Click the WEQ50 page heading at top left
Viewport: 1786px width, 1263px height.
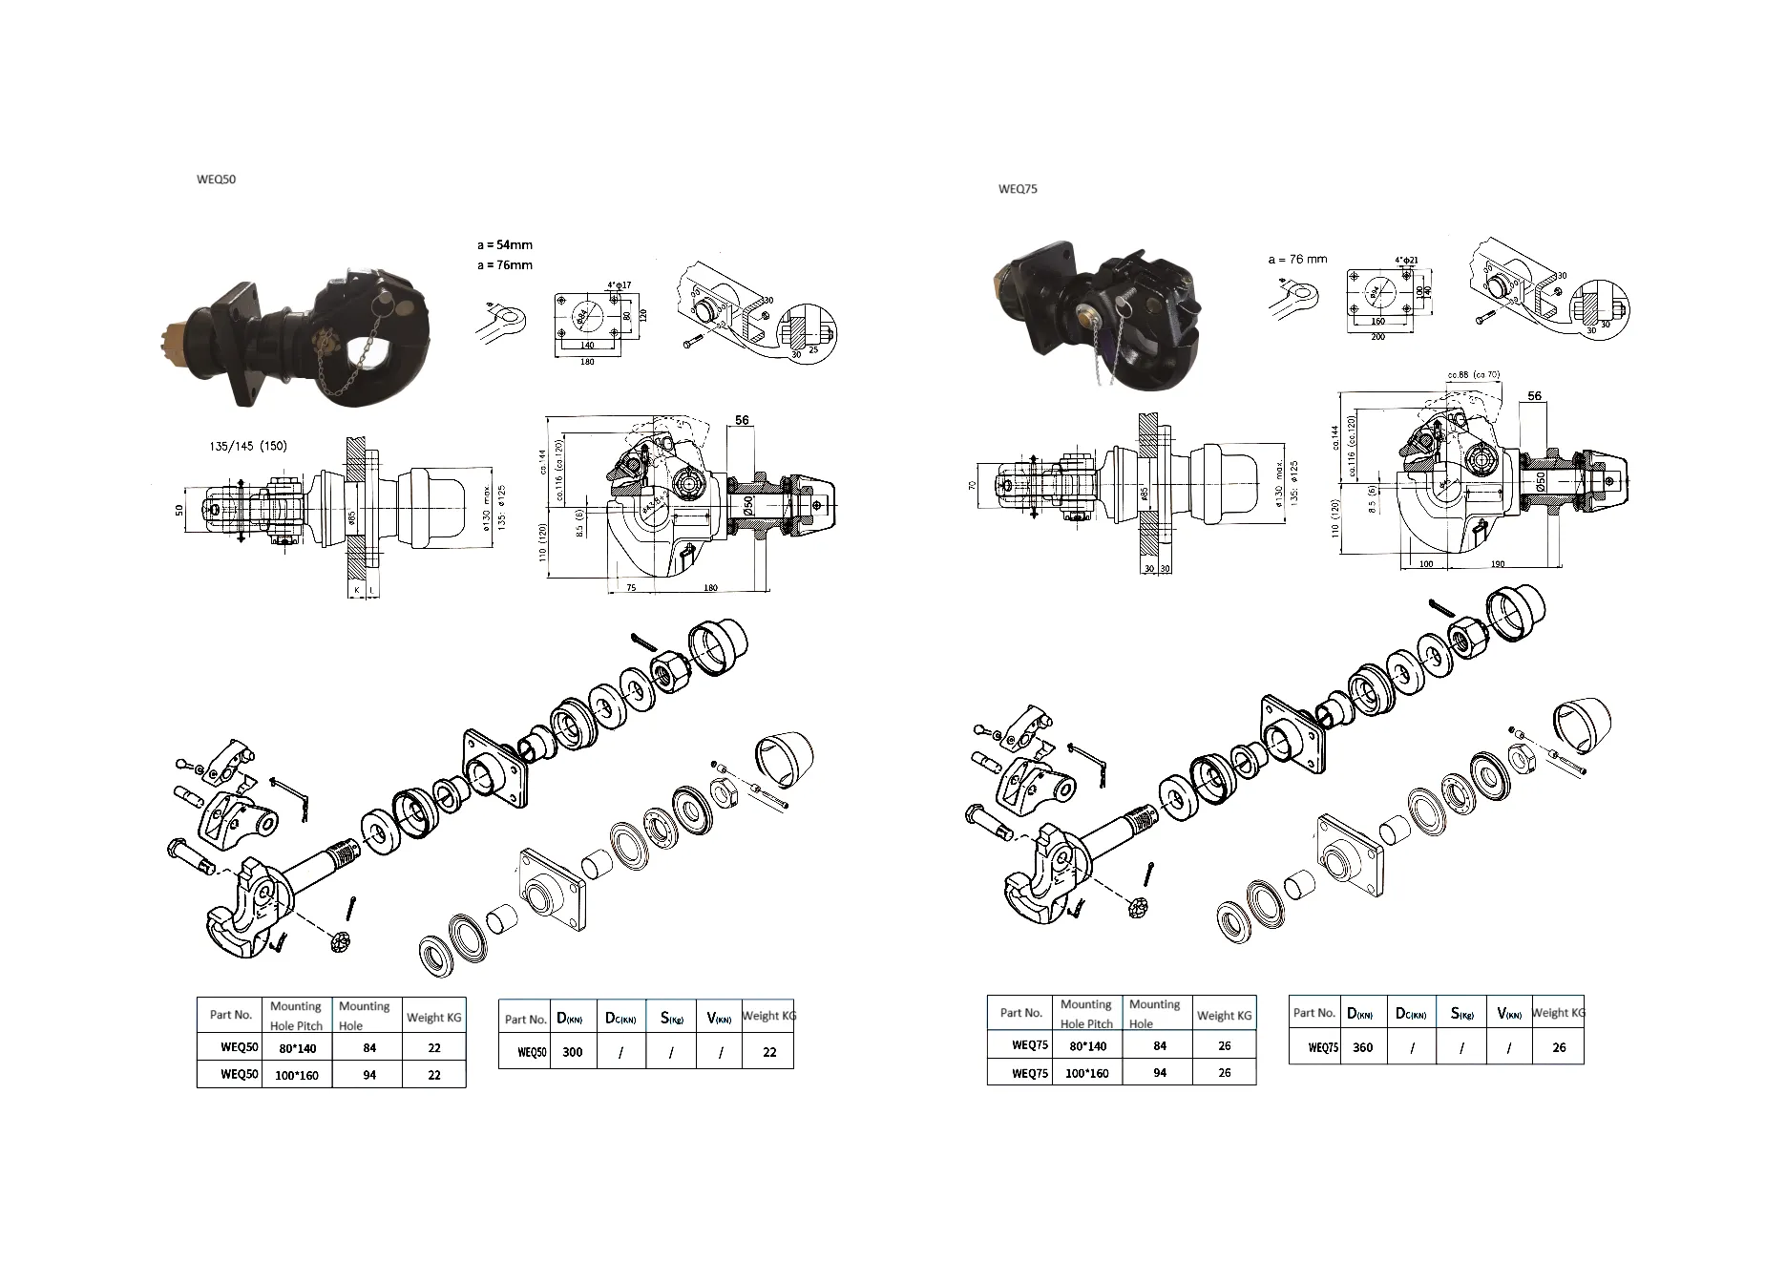[x=216, y=179]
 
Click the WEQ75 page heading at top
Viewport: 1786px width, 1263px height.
[x=1018, y=189]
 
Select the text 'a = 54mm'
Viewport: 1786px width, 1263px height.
[x=505, y=245]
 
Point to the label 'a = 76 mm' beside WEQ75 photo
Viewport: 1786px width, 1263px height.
[x=1297, y=259]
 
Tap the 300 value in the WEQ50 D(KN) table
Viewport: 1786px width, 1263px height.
[x=573, y=1052]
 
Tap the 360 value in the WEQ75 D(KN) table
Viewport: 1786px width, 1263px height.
[x=1363, y=1047]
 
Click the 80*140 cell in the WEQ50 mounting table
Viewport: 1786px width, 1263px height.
[x=297, y=1048]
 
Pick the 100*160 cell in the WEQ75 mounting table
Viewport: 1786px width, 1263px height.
[x=1087, y=1073]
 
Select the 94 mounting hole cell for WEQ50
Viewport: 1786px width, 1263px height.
[x=369, y=1075]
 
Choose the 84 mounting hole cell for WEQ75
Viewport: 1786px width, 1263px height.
[x=1160, y=1045]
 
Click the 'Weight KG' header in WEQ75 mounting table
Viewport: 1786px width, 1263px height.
[x=1224, y=1016]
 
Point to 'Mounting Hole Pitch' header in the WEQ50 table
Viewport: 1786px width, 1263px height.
[x=296, y=1016]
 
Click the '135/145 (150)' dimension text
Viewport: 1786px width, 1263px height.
[x=247, y=446]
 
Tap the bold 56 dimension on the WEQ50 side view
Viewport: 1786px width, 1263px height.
[x=742, y=420]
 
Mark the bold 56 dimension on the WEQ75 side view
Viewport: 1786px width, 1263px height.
[x=1534, y=396]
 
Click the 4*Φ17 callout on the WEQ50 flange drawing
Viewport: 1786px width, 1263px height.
[x=619, y=285]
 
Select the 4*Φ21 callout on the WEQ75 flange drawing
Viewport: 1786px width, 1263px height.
[x=1406, y=260]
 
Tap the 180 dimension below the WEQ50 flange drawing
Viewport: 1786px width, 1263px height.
[x=587, y=362]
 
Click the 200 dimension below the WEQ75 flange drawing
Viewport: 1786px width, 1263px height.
[x=1377, y=338]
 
